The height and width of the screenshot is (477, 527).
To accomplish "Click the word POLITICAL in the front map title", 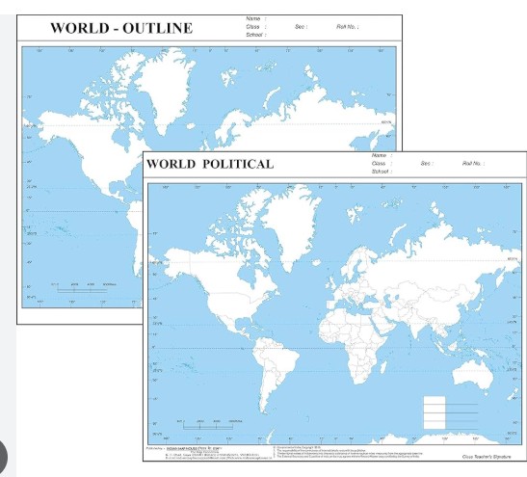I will point(238,164).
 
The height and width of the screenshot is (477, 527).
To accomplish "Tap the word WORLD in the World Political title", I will point(171,164).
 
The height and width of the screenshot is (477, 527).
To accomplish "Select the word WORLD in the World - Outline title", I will point(79,27).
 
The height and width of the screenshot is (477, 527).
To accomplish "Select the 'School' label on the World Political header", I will point(381,172).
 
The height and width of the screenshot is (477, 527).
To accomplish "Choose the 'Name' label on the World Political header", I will point(379,155).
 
